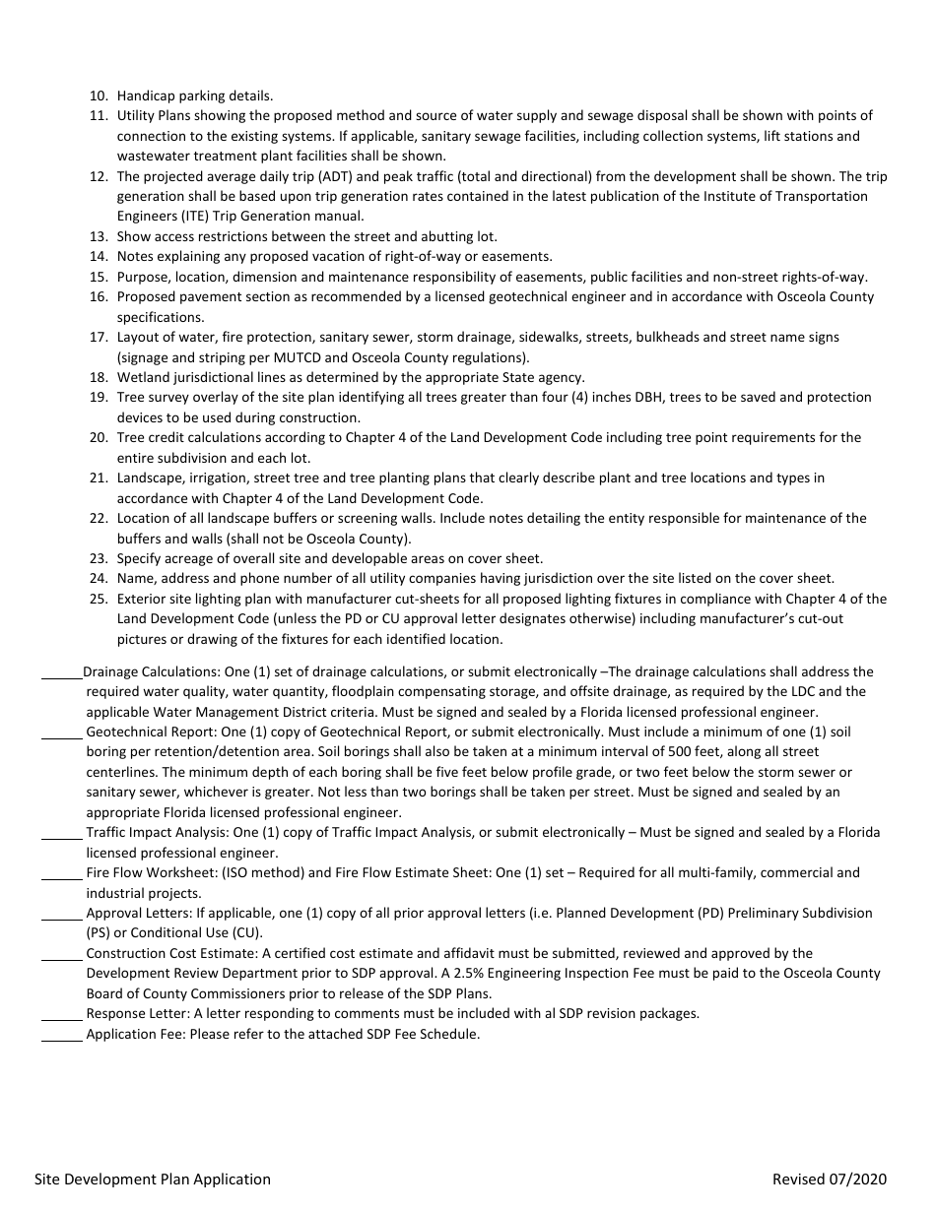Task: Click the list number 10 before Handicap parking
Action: click(98, 96)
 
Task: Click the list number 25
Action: click(98, 599)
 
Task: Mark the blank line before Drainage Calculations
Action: click(62, 676)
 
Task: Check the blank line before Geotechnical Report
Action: click(62, 736)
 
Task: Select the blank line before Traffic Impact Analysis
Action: click(62, 837)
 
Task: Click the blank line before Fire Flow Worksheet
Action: click(62, 877)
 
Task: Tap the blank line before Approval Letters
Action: click(62, 918)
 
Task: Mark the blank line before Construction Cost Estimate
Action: click(62, 958)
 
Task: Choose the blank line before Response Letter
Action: click(62, 1018)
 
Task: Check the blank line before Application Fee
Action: click(62, 1039)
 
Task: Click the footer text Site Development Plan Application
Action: click(153, 1179)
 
